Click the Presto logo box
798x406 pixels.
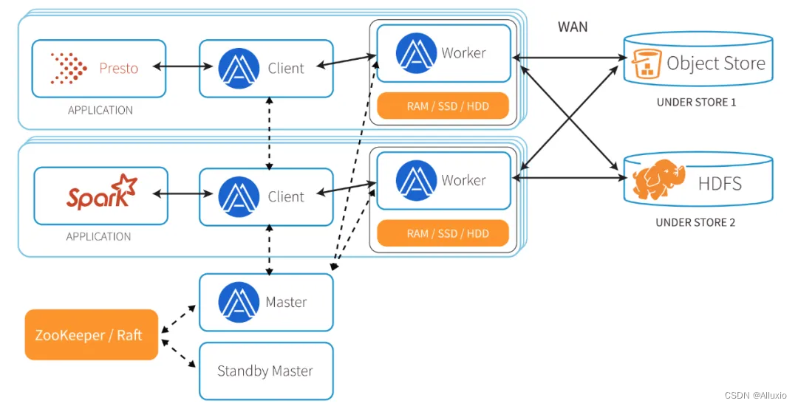[98, 68]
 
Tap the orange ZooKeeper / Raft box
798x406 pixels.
[92, 334]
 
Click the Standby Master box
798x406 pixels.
[266, 371]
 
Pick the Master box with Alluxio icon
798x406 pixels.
[266, 302]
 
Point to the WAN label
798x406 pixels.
[573, 27]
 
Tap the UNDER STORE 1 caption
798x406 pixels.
[696, 103]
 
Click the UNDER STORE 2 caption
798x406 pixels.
[696, 221]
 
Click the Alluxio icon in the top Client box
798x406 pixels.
[237, 68]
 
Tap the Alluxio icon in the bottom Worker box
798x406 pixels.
[415, 180]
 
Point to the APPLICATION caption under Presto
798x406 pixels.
[100, 110]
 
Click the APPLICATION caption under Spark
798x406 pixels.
[98, 236]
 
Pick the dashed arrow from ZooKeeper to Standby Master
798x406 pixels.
[178, 356]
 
